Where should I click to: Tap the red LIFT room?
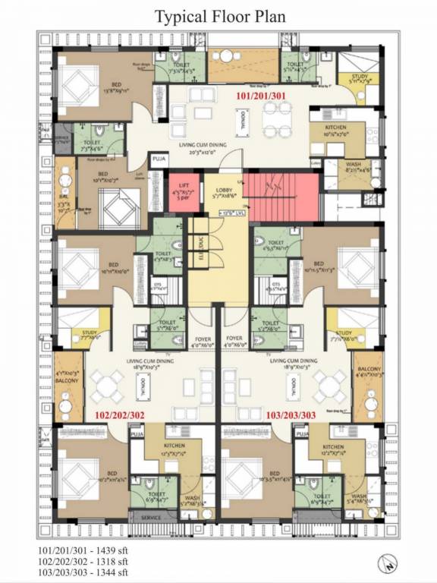[184, 193]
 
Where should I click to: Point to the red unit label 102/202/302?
[121, 415]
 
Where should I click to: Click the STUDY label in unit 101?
[359, 76]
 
